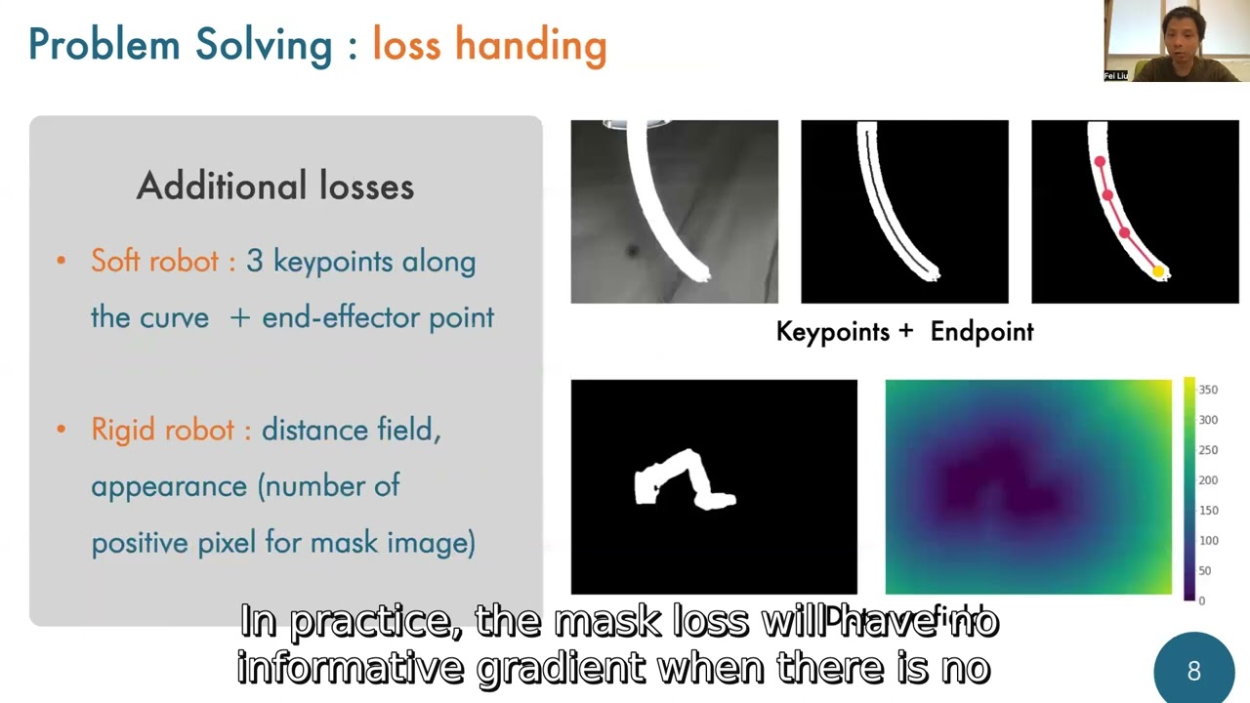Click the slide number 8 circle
click(1193, 671)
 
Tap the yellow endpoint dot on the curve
click(1159, 272)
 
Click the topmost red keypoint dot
click(1100, 162)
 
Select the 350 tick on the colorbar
click(1208, 390)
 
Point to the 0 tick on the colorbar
click(1201, 600)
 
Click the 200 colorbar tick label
click(1208, 480)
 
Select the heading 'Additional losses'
click(274, 186)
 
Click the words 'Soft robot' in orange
click(154, 261)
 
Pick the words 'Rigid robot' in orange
click(162, 430)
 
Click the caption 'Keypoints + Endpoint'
click(904, 332)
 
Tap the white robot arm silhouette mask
click(684, 480)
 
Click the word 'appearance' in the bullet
click(169, 486)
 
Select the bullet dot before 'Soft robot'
click(62, 261)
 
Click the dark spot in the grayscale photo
click(632, 252)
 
